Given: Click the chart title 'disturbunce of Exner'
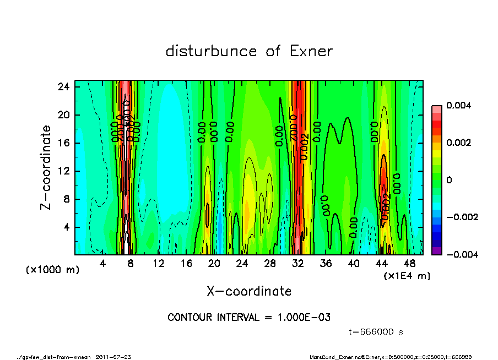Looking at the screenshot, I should tap(249, 51).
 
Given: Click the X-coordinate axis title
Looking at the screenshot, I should tap(249, 291).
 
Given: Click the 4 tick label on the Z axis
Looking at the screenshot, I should tap(66, 227).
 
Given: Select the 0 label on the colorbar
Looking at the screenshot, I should tap(450, 180).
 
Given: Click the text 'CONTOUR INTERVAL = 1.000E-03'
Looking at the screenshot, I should tap(249, 318).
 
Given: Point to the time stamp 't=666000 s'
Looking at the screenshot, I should tap(377, 332).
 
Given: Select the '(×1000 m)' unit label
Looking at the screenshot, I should tap(53, 270).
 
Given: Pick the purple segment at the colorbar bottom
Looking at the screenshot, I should tap(437, 250).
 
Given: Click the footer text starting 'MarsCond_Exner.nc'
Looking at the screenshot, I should tap(391, 357).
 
